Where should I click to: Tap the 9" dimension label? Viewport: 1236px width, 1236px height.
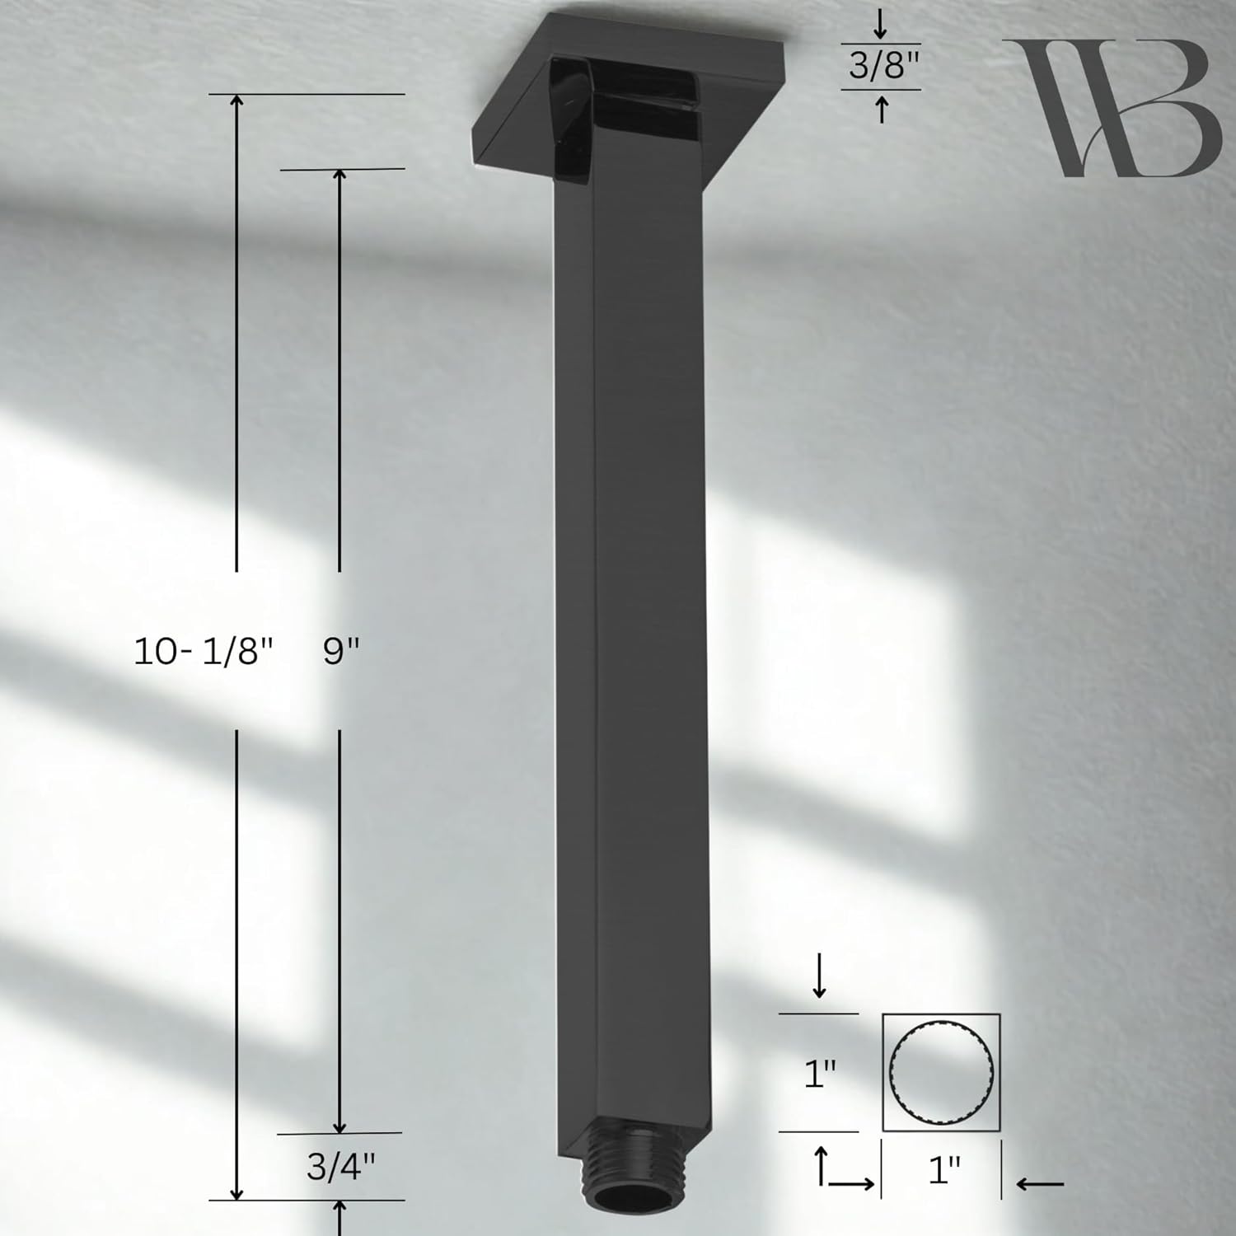click(x=341, y=653)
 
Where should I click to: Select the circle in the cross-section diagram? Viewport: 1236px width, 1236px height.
click(x=942, y=1072)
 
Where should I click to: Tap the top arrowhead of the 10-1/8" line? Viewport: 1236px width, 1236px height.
click(x=237, y=101)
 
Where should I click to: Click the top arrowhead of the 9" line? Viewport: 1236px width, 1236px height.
click(x=340, y=176)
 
